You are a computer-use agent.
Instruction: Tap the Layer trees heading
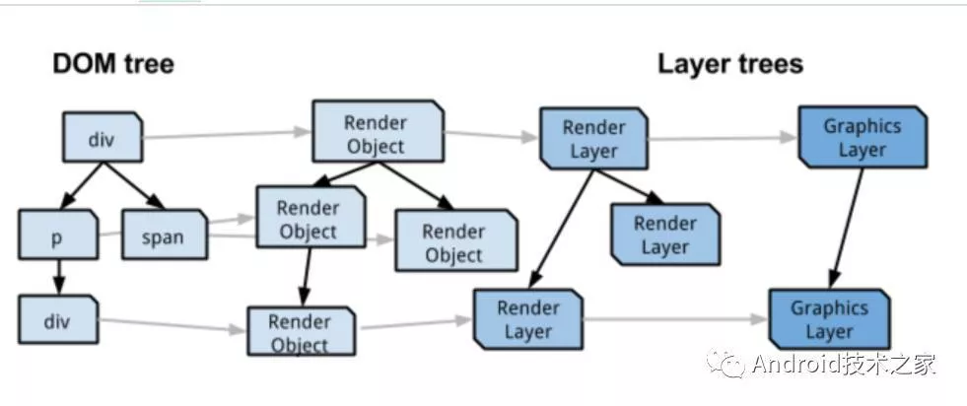[x=729, y=65]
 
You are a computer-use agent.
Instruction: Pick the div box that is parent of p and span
[x=102, y=138]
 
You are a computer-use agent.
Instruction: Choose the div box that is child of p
[x=58, y=320]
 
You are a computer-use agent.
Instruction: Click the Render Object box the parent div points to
[x=375, y=133]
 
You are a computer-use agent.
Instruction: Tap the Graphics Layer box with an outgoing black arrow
[x=862, y=138]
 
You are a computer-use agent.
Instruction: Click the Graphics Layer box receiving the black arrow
[x=829, y=319]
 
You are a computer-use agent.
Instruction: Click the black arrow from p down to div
[x=57, y=276]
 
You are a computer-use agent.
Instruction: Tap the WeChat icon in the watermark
[x=730, y=365]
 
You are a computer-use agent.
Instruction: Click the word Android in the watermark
[x=794, y=365]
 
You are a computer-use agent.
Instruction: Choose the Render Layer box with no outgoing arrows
[x=664, y=235]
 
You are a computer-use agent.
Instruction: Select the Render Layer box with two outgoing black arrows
[x=594, y=139]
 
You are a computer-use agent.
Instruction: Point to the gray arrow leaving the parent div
[x=227, y=135]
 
